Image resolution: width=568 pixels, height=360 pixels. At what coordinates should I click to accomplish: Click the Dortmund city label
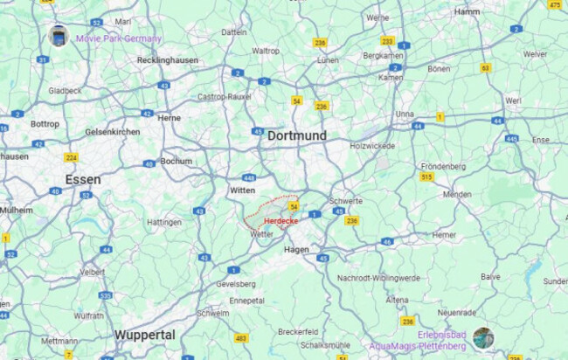pos(296,135)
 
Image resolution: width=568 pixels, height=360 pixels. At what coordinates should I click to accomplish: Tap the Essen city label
pos(82,179)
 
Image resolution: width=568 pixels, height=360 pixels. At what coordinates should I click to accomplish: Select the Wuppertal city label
pos(145,335)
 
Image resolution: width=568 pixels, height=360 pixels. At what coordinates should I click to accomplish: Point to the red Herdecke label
pos(281,221)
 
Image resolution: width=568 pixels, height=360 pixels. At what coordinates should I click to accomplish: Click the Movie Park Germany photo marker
pos(59,36)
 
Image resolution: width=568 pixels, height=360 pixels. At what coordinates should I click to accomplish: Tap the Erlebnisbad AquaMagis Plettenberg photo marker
pos(483,337)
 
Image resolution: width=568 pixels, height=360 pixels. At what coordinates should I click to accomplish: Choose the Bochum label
pos(177,161)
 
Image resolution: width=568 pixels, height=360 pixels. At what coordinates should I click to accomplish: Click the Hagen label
pos(297,250)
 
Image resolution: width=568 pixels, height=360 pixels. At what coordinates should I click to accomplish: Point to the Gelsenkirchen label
pos(112,131)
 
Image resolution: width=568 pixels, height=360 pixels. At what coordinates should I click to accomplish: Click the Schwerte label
pos(346,200)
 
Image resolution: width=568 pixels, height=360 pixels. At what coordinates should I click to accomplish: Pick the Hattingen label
pos(164,222)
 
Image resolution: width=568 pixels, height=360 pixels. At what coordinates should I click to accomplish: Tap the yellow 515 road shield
pos(426,177)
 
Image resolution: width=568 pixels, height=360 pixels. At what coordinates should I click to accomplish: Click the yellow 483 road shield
pos(241,337)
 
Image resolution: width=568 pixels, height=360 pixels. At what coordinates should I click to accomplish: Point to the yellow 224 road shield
pos(71,157)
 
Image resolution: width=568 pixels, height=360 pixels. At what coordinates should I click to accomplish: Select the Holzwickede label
pos(372,145)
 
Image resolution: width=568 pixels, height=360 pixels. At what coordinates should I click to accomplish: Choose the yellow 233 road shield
pos(387,40)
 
